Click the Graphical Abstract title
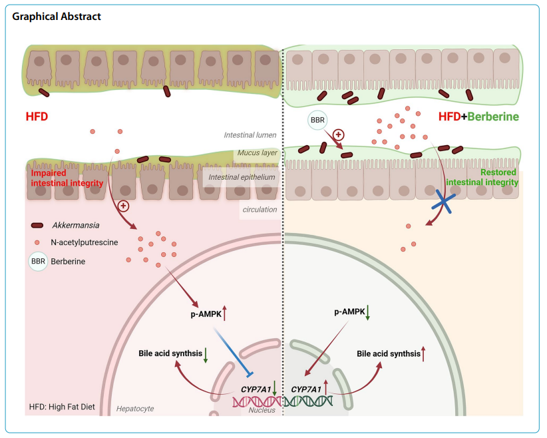coord(57,16)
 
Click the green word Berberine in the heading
coord(493,118)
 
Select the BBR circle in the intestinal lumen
coord(317,120)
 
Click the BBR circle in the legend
coord(38,262)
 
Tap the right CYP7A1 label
coord(306,388)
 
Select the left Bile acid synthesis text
coord(170,353)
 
